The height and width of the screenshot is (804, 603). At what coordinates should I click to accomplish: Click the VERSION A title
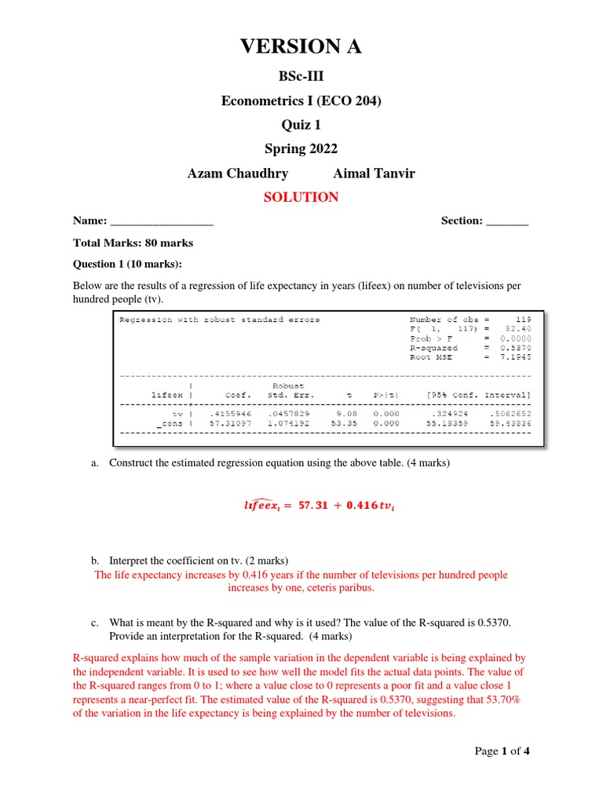click(x=301, y=47)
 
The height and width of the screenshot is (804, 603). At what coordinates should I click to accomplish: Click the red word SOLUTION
click(x=301, y=197)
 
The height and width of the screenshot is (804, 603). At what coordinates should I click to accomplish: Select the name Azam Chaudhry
click(x=237, y=174)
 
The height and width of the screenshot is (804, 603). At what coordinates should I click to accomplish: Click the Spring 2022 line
click(x=301, y=149)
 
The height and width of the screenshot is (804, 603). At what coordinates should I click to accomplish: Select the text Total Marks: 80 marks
click(x=133, y=243)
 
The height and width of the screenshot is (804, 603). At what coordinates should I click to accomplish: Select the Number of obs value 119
click(x=523, y=320)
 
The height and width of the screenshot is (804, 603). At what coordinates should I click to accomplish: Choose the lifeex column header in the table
click(x=166, y=395)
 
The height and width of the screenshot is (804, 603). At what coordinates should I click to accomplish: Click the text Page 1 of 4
click(x=502, y=751)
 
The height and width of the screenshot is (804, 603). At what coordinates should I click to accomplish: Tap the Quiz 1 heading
click(x=301, y=125)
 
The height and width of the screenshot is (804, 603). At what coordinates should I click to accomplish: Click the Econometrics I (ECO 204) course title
click(x=301, y=100)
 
